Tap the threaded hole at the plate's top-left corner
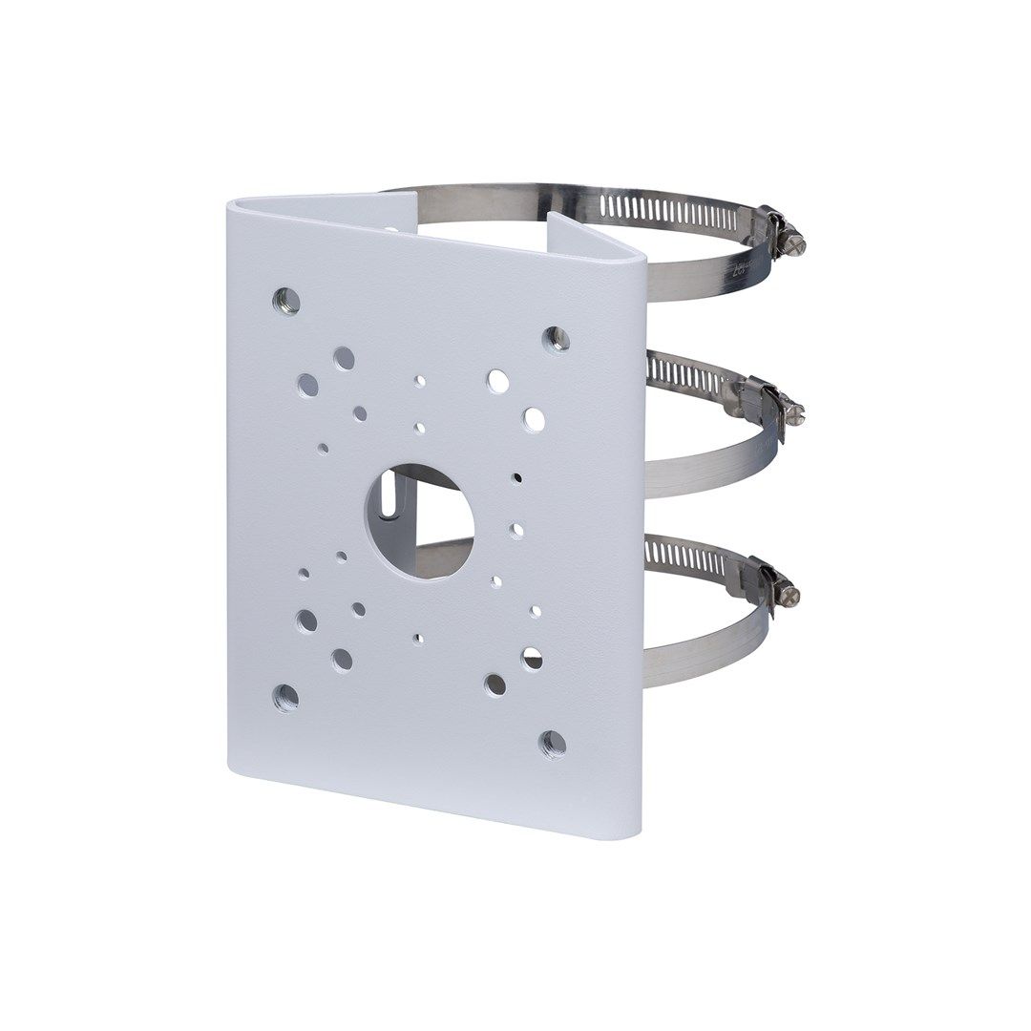point(285,302)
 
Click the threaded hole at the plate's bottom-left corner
point(285,697)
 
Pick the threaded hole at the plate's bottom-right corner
point(552,743)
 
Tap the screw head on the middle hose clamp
point(794,412)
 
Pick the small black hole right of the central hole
point(516,476)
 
